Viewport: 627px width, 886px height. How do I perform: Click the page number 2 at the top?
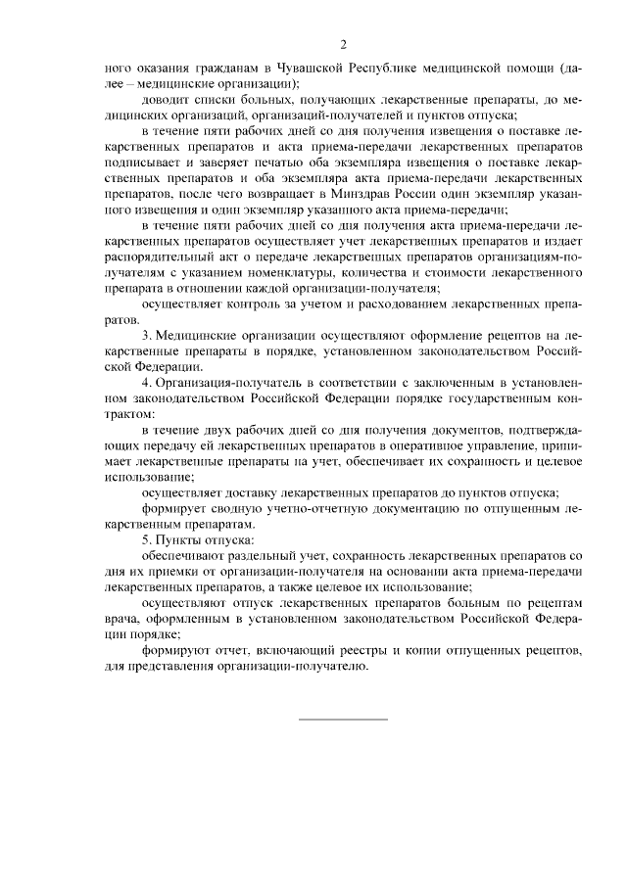[343, 45]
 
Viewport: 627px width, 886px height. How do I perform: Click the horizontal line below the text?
[343, 720]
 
